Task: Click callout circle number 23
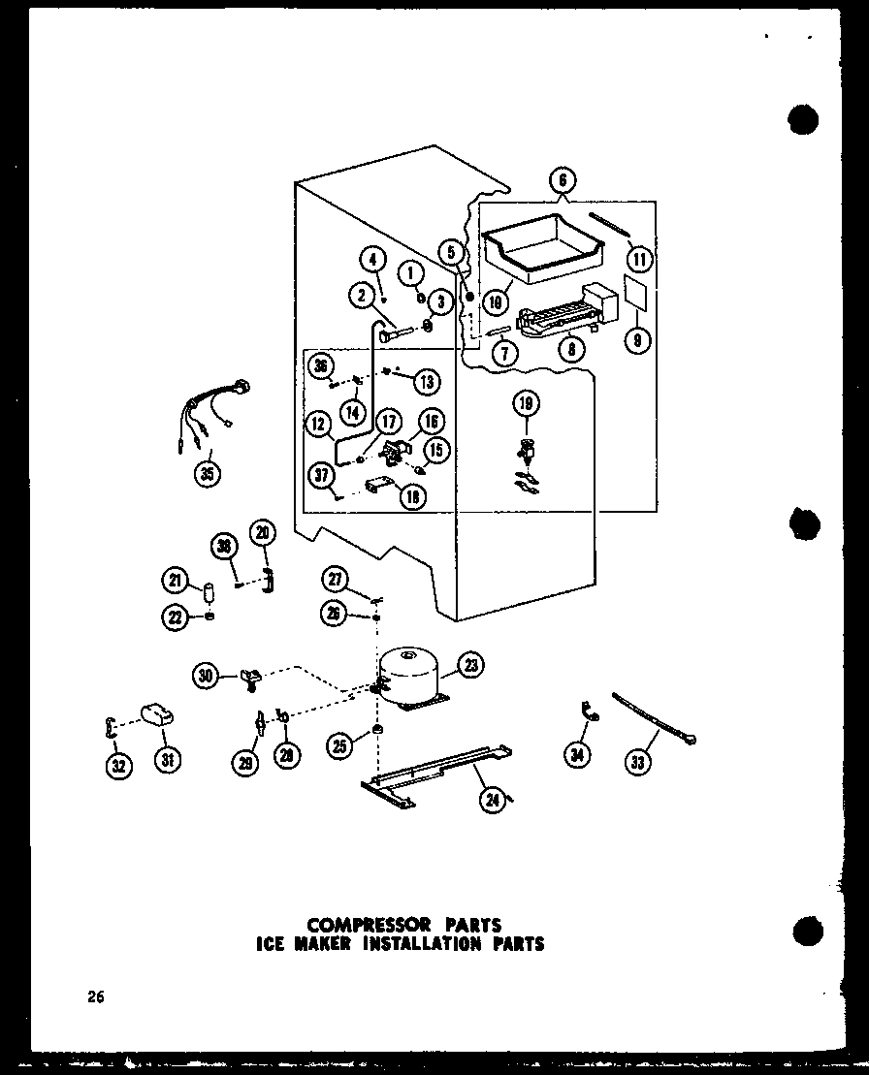click(472, 665)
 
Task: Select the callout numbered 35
click(206, 473)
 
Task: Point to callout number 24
click(493, 799)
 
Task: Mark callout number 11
click(640, 259)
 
